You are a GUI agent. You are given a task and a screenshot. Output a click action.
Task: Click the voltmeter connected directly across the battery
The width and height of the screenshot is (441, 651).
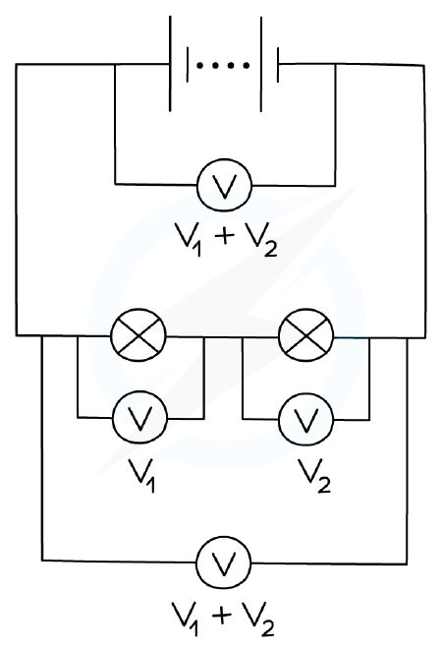pyautogui.click(x=225, y=185)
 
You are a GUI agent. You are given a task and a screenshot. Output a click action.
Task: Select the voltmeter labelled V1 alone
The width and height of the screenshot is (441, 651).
pyautogui.click(x=139, y=417)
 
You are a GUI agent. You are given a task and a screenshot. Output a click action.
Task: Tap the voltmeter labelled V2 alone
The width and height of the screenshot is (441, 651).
pyautogui.click(x=306, y=419)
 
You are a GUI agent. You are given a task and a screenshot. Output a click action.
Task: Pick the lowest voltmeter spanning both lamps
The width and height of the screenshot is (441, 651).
pyautogui.click(x=224, y=562)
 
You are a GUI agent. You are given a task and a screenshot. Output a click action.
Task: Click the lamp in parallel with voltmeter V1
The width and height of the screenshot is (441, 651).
pyautogui.click(x=138, y=335)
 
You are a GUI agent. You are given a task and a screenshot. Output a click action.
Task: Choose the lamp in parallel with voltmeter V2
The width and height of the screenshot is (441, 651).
pyautogui.click(x=306, y=335)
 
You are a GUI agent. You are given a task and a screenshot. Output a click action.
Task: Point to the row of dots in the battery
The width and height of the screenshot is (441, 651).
pyautogui.click(x=223, y=65)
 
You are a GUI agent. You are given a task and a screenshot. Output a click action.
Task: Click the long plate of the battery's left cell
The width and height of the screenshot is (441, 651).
pyautogui.click(x=170, y=64)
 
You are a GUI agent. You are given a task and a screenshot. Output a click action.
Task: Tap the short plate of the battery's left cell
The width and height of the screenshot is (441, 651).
pyautogui.click(x=188, y=64)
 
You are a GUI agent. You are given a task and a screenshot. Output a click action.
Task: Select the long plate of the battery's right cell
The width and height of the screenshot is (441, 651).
pyautogui.click(x=261, y=64)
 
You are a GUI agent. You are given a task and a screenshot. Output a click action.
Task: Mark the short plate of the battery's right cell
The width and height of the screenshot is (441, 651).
pyautogui.click(x=278, y=64)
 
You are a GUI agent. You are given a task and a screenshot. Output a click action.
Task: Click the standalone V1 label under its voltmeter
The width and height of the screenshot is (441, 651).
pyautogui.click(x=142, y=475)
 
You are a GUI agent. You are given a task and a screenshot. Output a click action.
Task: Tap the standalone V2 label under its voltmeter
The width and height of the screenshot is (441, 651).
pyautogui.click(x=314, y=475)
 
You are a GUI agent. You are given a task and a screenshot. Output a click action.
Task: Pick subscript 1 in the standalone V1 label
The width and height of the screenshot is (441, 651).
pyautogui.click(x=152, y=485)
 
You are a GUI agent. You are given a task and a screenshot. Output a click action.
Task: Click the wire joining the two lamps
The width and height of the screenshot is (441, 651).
pyautogui.click(x=222, y=336)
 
